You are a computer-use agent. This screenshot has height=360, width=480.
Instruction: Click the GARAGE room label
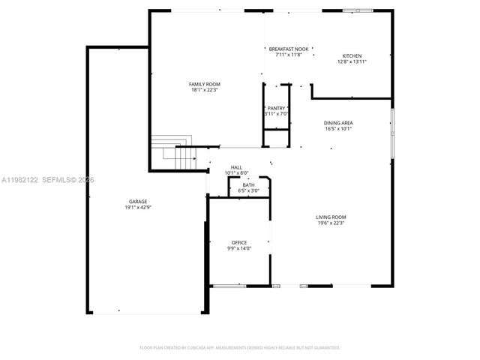click(138, 201)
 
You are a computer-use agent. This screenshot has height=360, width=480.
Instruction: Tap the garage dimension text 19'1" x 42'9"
click(138, 207)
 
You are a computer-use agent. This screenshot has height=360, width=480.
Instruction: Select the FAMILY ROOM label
click(204, 84)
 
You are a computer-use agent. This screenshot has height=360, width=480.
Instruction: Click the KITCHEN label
click(352, 56)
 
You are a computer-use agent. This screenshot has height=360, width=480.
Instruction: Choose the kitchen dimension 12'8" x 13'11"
click(352, 62)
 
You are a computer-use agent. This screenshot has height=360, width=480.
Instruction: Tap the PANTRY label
click(275, 108)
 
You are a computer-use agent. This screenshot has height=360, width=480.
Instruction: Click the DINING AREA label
click(338, 122)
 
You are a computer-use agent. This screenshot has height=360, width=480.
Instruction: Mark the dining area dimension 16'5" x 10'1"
click(338, 128)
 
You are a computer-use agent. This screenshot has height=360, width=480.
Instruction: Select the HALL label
click(236, 167)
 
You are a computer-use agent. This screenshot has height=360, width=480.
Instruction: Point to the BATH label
click(248, 184)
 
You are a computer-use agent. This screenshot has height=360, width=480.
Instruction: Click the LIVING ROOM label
click(331, 217)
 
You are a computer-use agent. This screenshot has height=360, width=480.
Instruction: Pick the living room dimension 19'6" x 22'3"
click(331, 223)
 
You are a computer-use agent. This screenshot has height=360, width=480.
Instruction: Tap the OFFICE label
click(239, 242)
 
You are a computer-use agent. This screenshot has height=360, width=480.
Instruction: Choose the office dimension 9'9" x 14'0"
click(239, 248)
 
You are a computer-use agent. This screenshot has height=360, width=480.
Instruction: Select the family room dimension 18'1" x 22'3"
click(204, 90)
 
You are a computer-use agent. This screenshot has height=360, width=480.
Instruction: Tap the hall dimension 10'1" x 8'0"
click(236, 173)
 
